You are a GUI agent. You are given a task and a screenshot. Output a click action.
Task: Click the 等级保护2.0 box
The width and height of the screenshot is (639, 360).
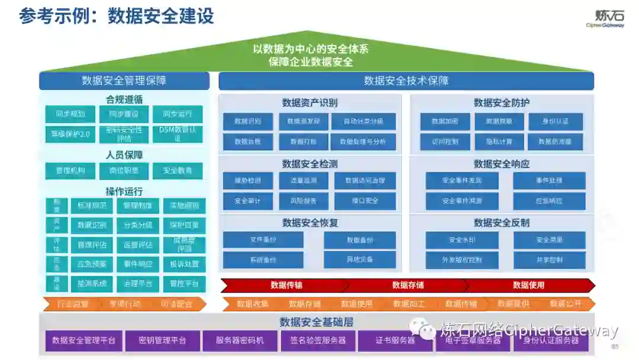point(70,134)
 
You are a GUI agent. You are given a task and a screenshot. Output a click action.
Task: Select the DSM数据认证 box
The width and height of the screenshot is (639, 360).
point(177,134)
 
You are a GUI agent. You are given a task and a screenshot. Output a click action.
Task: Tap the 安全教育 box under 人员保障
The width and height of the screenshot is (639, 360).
point(177,171)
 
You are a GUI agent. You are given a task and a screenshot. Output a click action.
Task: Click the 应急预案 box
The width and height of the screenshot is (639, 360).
point(92,264)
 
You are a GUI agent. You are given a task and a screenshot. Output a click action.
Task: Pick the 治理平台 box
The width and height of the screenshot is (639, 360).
point(138,284)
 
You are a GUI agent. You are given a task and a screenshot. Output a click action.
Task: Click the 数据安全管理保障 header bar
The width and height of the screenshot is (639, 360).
point(124,81)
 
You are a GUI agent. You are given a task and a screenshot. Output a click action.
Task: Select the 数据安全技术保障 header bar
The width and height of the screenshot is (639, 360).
point(406,81)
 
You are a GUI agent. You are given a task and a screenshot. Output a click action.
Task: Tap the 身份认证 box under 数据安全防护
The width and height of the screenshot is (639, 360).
point(556,121)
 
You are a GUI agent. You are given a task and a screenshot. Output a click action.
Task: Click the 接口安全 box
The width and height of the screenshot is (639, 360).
point(365,201)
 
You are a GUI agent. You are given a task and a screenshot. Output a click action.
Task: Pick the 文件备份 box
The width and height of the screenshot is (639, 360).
point(263,240)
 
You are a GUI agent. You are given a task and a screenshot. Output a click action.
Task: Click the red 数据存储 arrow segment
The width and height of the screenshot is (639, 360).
point(408,285)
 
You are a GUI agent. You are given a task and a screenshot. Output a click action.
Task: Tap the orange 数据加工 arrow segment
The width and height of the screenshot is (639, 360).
point(408,304)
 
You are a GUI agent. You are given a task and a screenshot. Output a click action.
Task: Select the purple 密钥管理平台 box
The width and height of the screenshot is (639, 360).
point(162,340)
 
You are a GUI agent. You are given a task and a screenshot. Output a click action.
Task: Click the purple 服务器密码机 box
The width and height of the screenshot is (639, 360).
point(240,340)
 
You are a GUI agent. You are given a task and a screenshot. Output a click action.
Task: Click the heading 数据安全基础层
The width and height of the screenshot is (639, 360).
point(317,322)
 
